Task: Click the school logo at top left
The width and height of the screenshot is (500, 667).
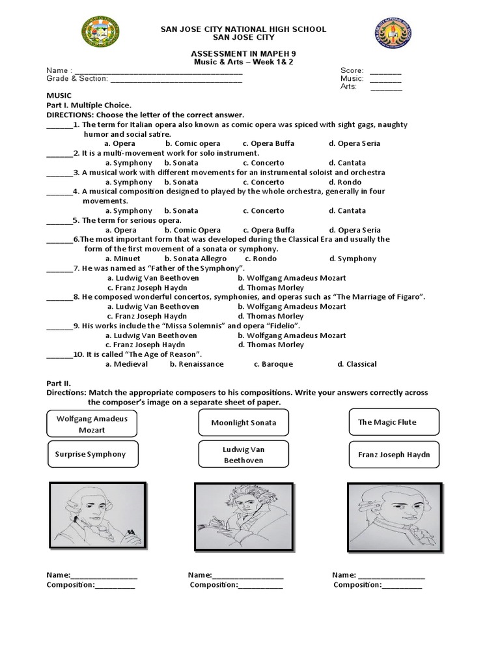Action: click(100, 38)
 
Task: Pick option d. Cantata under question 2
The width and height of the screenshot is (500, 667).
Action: click(347, 163)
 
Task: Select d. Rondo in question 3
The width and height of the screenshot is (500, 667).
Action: click(344, 182)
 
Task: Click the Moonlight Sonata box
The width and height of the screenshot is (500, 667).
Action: click(243, 423)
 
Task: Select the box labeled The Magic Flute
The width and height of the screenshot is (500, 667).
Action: click(394, 422)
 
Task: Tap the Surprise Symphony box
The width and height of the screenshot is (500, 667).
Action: click(90, 454)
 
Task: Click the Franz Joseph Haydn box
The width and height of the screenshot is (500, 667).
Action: click(394, 455)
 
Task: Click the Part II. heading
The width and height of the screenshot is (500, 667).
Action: click(58, 383)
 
